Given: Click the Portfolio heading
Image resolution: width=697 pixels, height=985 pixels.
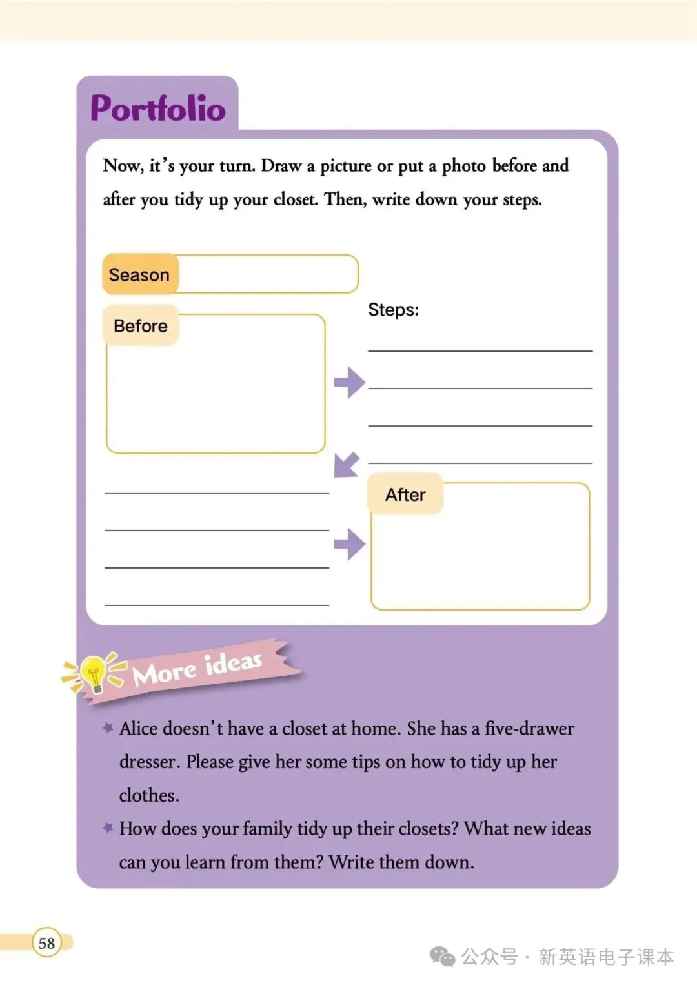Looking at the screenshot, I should pyautogui.click(x=158, y=108).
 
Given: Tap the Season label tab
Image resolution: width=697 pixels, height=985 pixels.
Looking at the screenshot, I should pyautogui.click(x=139, y=275).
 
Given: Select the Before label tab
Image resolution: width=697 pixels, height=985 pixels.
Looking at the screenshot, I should pyautogui.click(x=141, y=326).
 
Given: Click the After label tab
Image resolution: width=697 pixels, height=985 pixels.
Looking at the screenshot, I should pyautogui.click(x=405, y=495).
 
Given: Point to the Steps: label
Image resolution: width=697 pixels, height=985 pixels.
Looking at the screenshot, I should pyautogui.click(x=393, y=310).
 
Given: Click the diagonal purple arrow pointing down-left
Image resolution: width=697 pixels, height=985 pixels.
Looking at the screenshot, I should pyautogui.click(x=347, y=465).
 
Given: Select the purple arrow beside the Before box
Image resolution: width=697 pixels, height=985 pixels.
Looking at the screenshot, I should pyautogui.click(x=349, y=382).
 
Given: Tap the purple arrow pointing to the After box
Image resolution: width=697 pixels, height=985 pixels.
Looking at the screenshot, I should pyautogui.click(x=349, y=543).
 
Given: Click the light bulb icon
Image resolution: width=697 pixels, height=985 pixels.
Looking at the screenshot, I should pyautogui.click(x=94, y=673).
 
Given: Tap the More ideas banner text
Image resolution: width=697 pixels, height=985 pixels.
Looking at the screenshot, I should pyautogui.click(x=197, y=668).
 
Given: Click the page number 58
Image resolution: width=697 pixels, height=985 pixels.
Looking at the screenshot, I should pyautogui.click(x=46, y=943).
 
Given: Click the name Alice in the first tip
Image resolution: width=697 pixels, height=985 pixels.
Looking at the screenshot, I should pyautogui.click(x=139, y=729).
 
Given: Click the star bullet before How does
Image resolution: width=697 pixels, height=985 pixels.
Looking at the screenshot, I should pyautogui.click(x=108, y=827).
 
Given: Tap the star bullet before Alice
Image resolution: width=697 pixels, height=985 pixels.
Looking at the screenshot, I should pyautogui.click(x=108, y=727).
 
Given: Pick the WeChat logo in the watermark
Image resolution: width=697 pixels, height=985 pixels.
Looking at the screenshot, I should pyautogui.click(x=443, y=957).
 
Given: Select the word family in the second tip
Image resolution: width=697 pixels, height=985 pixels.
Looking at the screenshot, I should pyautogui.click(x=263, y=829).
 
